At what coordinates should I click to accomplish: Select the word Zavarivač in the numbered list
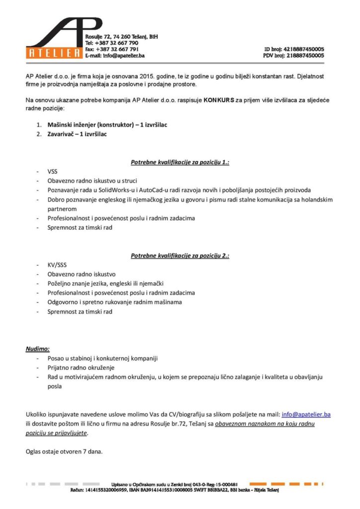click(63, 134)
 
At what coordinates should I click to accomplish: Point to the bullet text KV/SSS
click(57, 265)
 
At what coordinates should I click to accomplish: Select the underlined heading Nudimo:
click(37, 349)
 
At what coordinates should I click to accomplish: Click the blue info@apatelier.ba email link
click(306, 414)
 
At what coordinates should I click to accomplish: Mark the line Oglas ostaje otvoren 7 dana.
click(64, 452)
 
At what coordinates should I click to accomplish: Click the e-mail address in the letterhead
click(124, 56)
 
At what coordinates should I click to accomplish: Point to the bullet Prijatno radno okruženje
click(81, 367)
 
